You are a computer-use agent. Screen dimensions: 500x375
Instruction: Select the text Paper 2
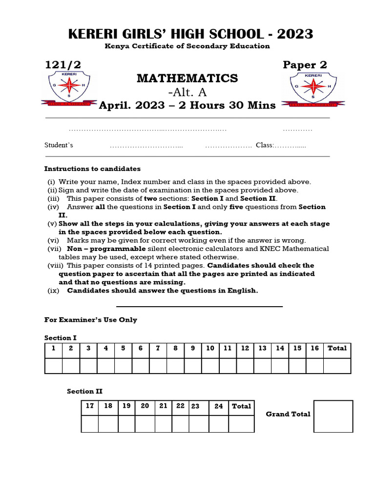pos(305,65)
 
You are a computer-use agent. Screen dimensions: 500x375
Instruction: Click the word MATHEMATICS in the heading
pos(187,78)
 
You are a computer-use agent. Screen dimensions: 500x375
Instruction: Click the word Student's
pos(59,145)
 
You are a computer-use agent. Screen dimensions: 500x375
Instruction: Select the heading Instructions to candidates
pos(92,169)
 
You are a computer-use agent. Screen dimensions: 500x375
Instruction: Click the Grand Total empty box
pos(333,417)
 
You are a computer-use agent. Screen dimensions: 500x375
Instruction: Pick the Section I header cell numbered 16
pos(314,348)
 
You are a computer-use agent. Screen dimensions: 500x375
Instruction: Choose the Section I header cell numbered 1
pos(53,348)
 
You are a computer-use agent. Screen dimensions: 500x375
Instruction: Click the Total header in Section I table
pos(337,348)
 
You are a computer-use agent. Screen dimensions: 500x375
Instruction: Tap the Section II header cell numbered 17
pos(90,406)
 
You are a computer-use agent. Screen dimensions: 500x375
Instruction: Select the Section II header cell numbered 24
pos(218,406)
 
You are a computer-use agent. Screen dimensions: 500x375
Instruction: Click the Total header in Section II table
pos(241,406)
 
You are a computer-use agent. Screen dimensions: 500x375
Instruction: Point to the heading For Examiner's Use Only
pos(91,320)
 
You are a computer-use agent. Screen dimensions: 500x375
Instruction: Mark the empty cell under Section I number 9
pos(193,366)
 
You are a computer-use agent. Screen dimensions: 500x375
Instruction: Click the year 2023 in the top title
pos(295,34)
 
